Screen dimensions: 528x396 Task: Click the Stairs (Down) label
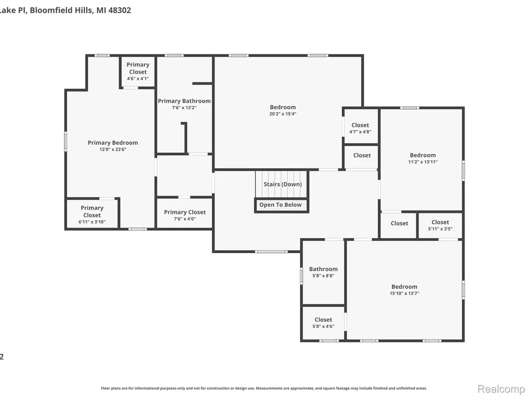pyautogui.click(x=283, y=184)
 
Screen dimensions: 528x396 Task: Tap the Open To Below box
pyautogui.click(x=281, y=205)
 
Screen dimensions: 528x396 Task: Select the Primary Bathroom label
pyautogui.click(x=184, y=101)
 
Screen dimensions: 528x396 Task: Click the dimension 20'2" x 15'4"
pyautogui.click(x=283, y=114)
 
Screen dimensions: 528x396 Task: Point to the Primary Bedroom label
pyautogui.click(x=113, y=143)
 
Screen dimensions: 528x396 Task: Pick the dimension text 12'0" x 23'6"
pyautogui.click(x=113, y=150)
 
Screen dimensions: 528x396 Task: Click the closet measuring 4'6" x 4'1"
pyautogui.click(x=138, y=71)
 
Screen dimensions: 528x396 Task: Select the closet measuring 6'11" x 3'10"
pyautogui.click(x=92, y=214)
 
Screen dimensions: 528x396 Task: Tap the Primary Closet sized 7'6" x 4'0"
pyautogui.click(x=185, y=213)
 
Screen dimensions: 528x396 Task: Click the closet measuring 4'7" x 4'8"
pyautogui.click(x=360, y=126)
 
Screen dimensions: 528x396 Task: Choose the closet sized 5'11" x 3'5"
pyautogui.click(x=440, y=225)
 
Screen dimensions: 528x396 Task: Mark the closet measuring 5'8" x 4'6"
pyautogui.click(x=323, y=323)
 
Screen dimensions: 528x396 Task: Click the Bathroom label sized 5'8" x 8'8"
pyautogui.click(x=323, y=269)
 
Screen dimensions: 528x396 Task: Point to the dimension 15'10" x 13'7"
pyautogui.click(x=404, y=293)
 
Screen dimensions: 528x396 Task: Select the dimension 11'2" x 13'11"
pyautogui.click(x=423, y=161)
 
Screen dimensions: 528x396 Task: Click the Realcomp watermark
pyautogui.click(x=501, y=389)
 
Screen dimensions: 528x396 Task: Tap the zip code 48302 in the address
pyautogui.click(x=120, y=10)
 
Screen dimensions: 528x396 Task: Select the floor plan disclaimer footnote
pyautogui.click(x=264, y=388)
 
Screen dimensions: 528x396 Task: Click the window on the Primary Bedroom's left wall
pyautogui.click(x=65, y=141)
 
